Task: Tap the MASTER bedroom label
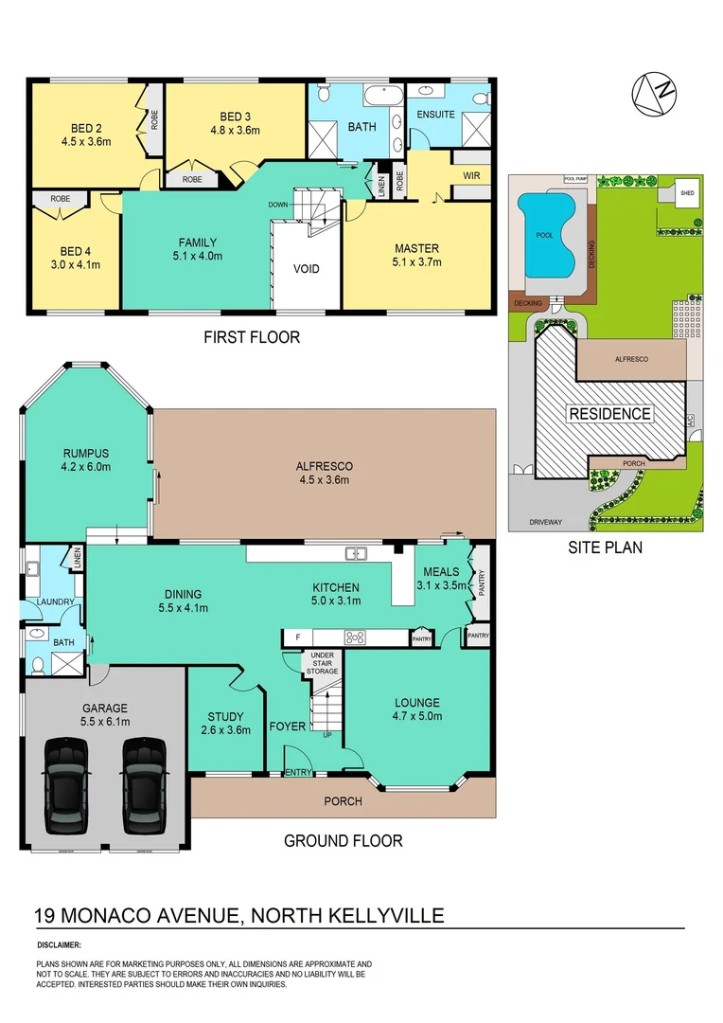(416, 249)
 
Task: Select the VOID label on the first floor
(306, 268)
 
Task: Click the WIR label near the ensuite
(471, 176)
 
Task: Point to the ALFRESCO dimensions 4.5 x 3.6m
(325, 480)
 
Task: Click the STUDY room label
(225, 717)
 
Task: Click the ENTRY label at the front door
(298, 773)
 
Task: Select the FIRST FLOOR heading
(253, 336)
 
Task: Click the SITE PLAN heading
(606, 547)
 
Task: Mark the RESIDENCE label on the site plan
(609, 413)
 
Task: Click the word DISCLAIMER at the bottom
(60, 945)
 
